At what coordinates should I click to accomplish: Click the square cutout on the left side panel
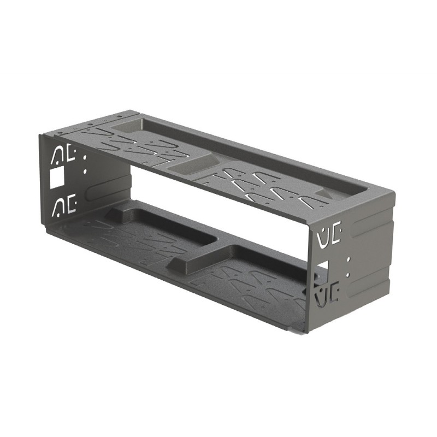point(56,177)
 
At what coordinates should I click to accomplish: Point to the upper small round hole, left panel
point(84,158)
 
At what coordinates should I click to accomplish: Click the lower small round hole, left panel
point(85,171)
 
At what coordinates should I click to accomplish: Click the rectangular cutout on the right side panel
point(322,268)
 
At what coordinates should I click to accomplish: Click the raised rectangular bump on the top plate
point(191,163)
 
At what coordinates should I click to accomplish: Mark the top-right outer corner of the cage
point(393,192)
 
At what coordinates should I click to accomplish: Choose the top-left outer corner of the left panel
point(39,134)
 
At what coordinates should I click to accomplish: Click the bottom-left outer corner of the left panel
point(46,229)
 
